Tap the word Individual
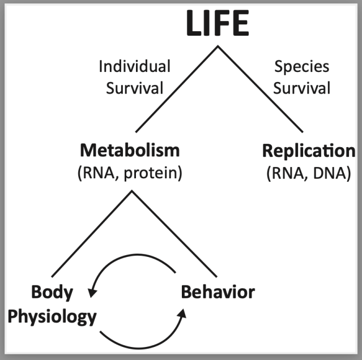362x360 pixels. [134, 67]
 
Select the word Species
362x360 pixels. [302, 67]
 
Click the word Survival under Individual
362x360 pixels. [134, 88]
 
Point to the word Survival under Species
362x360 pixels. [302, 88]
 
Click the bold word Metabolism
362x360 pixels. [130, 151]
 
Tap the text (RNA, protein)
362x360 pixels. [130, 173]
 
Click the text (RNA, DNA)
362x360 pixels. [308, 173]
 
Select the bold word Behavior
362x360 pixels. [218, 293]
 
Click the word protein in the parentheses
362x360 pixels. [152, 173]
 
